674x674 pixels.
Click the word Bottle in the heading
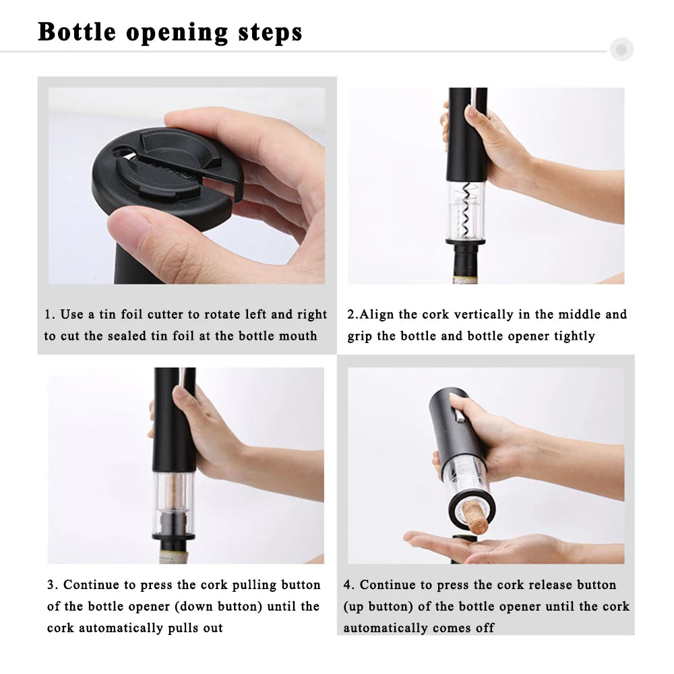point(77,32)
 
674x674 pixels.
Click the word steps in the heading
point(270,32)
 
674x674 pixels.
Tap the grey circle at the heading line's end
point(621,50)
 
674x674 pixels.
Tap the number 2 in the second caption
point(351,315)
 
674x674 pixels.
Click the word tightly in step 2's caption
point(574,336)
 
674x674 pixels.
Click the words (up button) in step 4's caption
point(378,607)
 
